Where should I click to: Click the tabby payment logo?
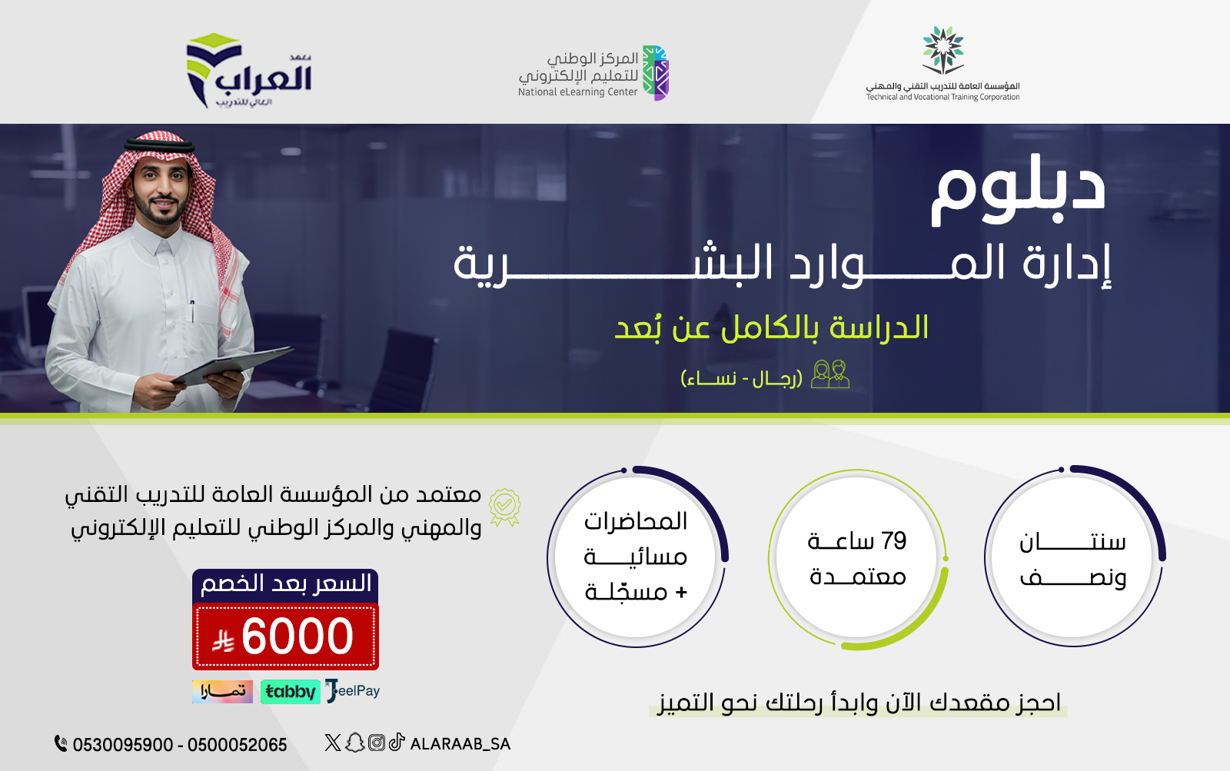point(290,691)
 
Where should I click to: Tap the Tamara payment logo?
point(222,691)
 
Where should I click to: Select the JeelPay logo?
point(353,691)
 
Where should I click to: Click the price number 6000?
point(297,636)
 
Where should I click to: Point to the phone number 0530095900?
point(123,745)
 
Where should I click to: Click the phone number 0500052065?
point(238,745)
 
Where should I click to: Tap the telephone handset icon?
point(61,743)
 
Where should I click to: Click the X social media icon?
point(332,743)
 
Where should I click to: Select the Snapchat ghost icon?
point(354,743)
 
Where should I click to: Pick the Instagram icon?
point(376,743)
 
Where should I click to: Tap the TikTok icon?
point(397,742)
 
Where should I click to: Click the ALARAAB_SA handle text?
point(460,744)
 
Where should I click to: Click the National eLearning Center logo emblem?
point(656,73)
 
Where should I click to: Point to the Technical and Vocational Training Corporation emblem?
point(942,50)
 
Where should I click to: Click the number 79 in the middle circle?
point(893,541)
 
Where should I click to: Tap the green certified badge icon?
point(504,507)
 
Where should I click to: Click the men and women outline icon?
point(829,374)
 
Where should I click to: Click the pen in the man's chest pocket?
point(192,311)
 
